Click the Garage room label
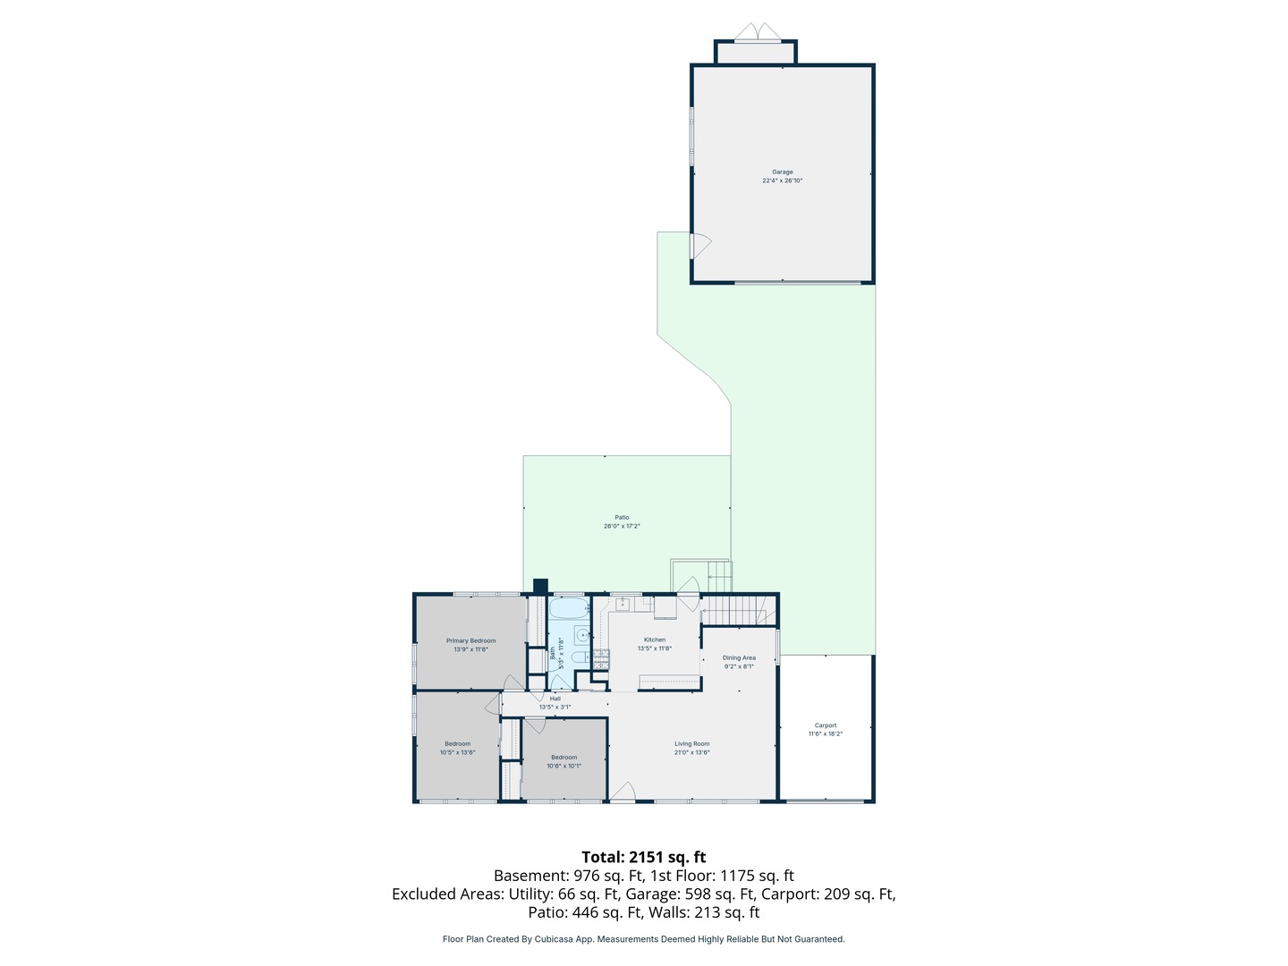[x=783, y=172]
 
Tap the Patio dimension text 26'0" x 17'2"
[x=622, y=527]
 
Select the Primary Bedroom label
[x=470, y=640]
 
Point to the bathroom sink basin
[x=582, y=636]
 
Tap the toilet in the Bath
[x=580, y=657]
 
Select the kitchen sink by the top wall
[x=623, y=606]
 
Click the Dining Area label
[x=739, y=657]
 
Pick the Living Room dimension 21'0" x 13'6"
[x=692, y=753]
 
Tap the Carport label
[x=826, y=725]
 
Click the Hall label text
[x=555, y=699]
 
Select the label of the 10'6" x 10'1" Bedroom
[x=563, y=758]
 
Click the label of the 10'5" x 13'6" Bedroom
[x=457, y=743]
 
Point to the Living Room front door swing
[x=623, y=791]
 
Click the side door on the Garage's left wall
[x=699, y=245]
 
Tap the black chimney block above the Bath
[x=540, y=586]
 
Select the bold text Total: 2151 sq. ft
[x=643, y=857]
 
